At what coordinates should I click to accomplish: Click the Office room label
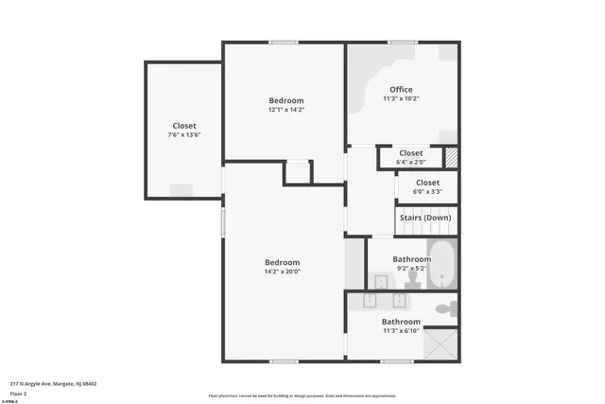point(401,90)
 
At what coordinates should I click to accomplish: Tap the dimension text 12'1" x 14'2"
point(285,110)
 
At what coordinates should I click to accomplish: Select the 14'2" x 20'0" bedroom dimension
point(282,272)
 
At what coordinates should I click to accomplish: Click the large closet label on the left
point(184,126)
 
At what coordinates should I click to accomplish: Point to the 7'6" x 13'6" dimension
point(184,134)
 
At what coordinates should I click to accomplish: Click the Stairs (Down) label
point(424,218)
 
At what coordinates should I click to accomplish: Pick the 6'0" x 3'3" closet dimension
point(427,191)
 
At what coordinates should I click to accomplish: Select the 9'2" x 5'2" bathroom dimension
point(411,268)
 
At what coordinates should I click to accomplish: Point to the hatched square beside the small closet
point(452,157)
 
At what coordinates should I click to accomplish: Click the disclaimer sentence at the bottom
point(302,395)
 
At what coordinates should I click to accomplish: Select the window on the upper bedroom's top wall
point(284,42)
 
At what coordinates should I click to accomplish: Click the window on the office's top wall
point(403,42)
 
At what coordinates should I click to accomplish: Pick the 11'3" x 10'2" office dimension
point(401,98)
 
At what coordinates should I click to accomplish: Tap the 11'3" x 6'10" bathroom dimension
point(401,330)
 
